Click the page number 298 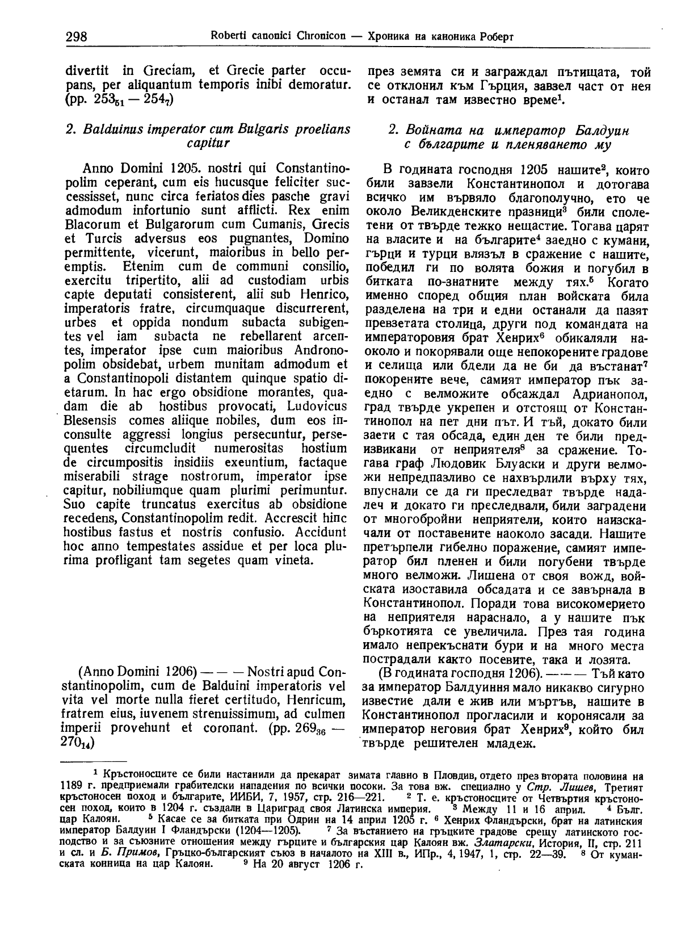[x=76, y=37]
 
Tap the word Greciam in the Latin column [x=169, y=72]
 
